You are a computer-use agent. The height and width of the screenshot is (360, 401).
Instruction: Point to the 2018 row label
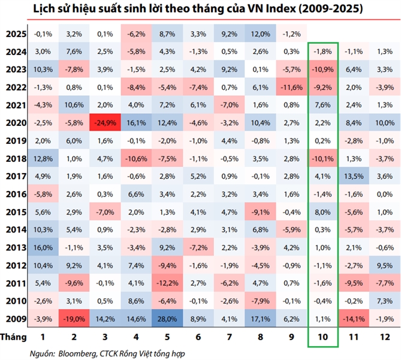pos(11,159)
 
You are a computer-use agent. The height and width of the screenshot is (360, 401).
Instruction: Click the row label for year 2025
pos(11,34)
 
